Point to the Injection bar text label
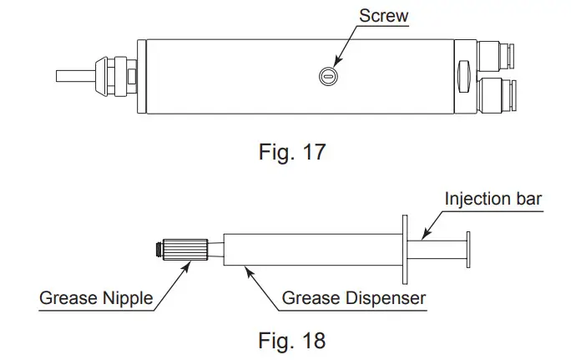[x=493, y=200]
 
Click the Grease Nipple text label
[x=97, y=297]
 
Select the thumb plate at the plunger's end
[x=468, y=249]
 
